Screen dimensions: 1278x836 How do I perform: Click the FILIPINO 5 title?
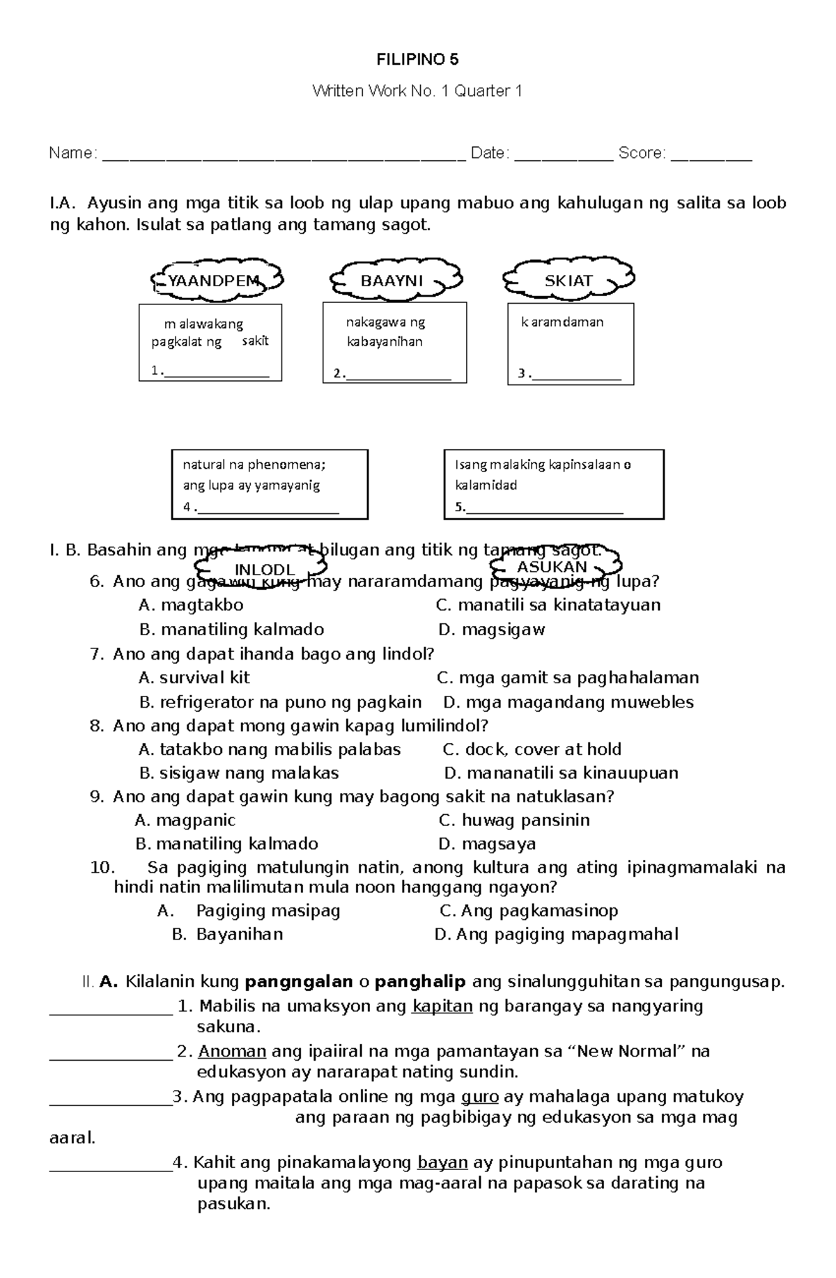click(x=417, y=59)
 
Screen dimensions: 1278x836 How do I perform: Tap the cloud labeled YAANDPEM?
click(x=215, y=281)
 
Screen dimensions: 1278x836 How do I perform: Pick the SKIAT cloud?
click(x=568, y=280)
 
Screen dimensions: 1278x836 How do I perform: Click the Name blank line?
click(x=284, y=155)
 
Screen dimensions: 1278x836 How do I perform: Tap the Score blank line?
click(x=711, y=155)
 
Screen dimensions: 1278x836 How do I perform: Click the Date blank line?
click(x=564, y=155)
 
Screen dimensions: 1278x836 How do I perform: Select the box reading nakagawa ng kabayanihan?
click(x=394, y=342)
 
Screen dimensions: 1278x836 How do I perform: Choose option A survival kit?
click(x=194, y=678)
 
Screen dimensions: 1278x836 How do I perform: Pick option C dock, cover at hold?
click(x=533, y=749)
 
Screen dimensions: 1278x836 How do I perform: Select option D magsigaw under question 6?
click(x=493, y=630)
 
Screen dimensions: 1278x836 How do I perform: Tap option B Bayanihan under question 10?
click(x=228, y=934)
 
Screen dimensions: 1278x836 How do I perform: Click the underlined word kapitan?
click(x=442, y=1006)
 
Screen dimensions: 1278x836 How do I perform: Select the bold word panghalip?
click(x=420, y=982)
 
